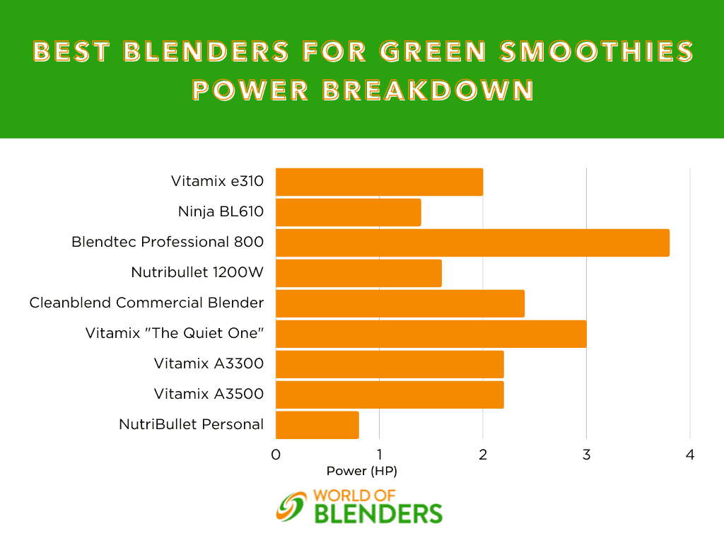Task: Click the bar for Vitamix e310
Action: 379,182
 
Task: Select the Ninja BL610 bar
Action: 348,212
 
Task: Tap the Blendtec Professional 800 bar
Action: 472,243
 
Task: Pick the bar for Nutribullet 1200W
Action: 358,274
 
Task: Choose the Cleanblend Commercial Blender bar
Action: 400,304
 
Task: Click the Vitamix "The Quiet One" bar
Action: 431,334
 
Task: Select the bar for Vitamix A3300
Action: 390,364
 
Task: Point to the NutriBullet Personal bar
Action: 317,425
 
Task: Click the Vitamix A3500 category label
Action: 209,394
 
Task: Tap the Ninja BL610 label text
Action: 221,211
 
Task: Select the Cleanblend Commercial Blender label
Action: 146,303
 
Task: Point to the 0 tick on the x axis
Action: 276,455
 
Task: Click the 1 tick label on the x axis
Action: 380,455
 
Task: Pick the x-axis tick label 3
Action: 586,455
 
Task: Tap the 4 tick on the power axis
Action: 690,455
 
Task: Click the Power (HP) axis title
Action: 361,471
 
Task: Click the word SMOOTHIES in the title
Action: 597,51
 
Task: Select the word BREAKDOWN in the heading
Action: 428,90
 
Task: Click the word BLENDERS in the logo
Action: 378,514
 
